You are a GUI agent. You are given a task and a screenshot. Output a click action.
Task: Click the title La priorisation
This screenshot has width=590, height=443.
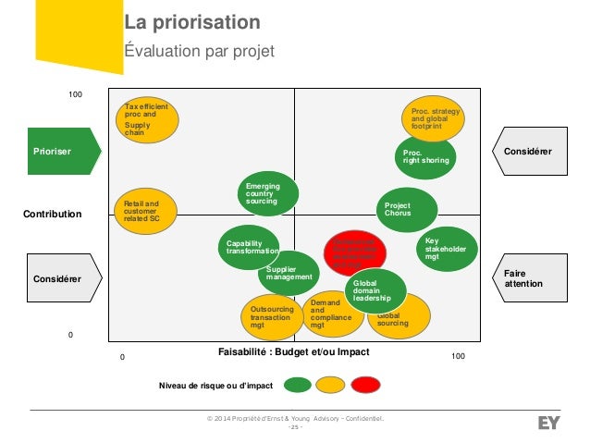tap(192, 22)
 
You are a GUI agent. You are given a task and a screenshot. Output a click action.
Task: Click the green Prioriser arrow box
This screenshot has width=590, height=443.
tap(60, 151)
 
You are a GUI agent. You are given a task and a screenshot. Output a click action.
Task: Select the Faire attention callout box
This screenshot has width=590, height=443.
tap(531, 278)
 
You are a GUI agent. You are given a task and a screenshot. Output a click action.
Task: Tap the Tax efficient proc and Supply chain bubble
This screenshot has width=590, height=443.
tap(147, 120)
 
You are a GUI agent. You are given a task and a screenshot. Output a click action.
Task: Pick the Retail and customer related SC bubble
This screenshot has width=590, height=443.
tap(143, 212)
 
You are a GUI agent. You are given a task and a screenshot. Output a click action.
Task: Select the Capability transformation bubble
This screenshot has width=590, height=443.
tap(251, 247)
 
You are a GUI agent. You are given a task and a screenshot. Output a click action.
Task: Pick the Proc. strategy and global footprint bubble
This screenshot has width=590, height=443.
tap(434, 119)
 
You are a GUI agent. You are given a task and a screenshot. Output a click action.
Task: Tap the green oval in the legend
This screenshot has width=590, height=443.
tap(297, 384)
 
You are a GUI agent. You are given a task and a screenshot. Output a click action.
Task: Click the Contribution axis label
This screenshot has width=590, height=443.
tap(52, 214)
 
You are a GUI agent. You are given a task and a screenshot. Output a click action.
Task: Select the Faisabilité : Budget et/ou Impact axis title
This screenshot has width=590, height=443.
tap(293, 352)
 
